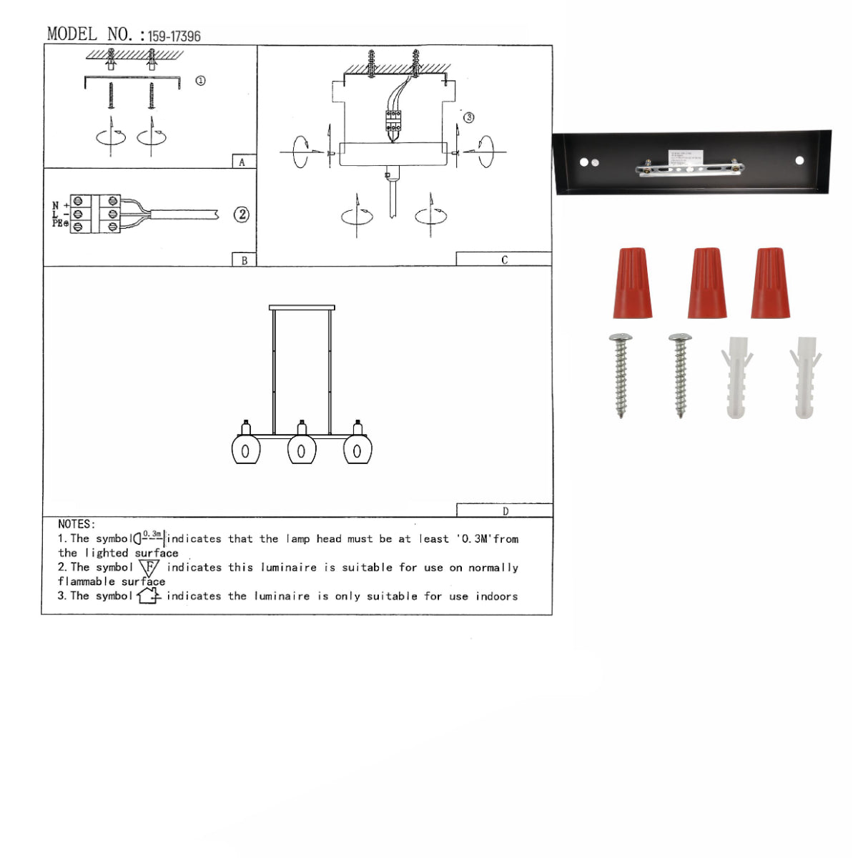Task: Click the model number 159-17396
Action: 174,36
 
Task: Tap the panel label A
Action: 242,162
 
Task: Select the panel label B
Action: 244,260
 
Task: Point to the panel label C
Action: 504,260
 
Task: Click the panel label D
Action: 505,511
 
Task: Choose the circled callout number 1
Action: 200,81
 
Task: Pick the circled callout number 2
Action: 242,214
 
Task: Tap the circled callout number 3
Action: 468,117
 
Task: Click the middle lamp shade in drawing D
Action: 301,450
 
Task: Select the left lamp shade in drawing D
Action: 245,450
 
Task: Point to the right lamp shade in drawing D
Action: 357,450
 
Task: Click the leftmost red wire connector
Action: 632,283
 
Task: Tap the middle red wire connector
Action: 706,283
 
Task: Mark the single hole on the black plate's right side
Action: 799,161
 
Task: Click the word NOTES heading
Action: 76,524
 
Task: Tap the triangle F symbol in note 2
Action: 149,568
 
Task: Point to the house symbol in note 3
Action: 148,596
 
